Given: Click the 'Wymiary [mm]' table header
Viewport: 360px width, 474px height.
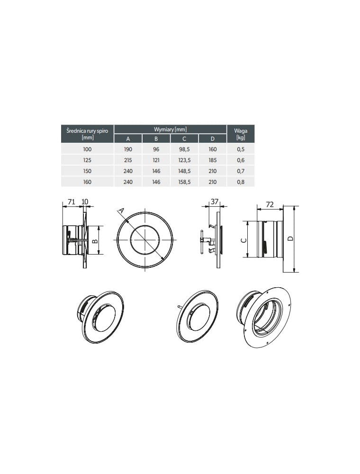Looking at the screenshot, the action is pyautogui.click(x=171, y=129).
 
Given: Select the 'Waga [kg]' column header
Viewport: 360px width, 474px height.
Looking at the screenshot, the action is pyautogui.click(x=241, y=134).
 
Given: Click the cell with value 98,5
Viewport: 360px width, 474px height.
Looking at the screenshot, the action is pyautogui.click(x=184, y=149).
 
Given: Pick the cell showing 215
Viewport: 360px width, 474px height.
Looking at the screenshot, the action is pyautogui.click(x=128, y=160).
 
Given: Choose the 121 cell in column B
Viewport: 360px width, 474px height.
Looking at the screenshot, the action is pyautogui.click(x=156, y=160).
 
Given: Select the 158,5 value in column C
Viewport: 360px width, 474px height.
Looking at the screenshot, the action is pyautogui.click(x=184, y=182).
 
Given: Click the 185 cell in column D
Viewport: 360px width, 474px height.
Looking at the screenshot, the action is pyautogui.click(x=213, y=160).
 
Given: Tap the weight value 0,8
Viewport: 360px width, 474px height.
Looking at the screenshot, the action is pyautogui.click(x=241, y=182).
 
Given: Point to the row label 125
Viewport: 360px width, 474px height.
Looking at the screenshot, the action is pyautogui.click(x=87, y=160).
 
